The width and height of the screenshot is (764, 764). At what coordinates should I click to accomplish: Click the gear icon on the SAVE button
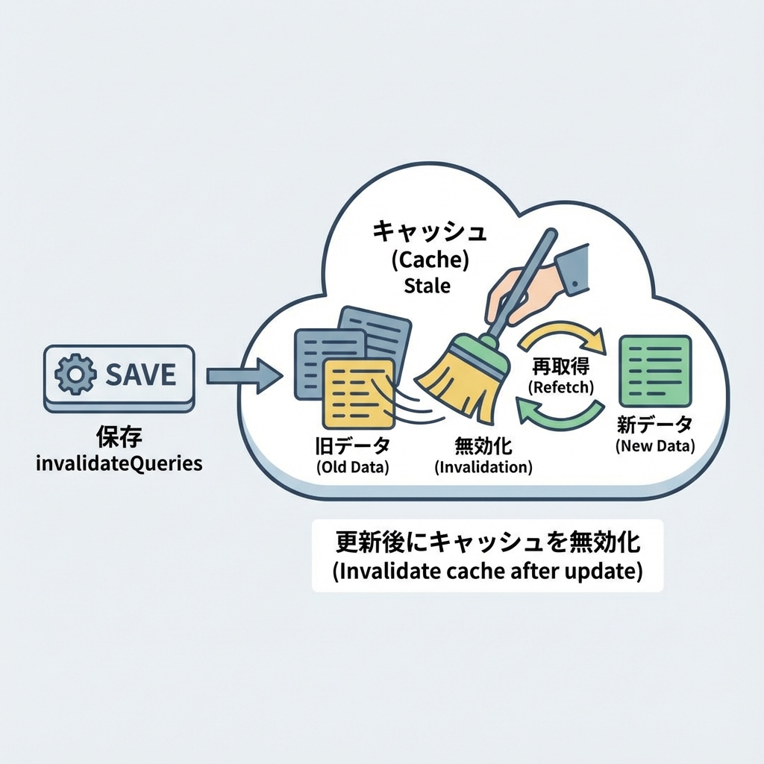tap(76, 375)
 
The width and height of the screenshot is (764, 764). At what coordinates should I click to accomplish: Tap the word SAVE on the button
tap(140, 375)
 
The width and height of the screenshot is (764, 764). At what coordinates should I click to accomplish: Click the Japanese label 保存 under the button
tap(119, 436)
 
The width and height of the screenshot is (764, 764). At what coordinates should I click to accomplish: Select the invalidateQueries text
tap(119, 463)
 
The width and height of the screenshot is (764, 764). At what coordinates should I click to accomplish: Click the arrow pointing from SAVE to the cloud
tap(243, 375)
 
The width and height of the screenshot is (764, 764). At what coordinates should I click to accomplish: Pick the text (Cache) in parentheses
tap(429, 260)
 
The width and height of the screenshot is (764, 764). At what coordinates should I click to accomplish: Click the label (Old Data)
tap(353, 468)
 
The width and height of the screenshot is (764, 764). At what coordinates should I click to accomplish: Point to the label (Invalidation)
tap(483, 468)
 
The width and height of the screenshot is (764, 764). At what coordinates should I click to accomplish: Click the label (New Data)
tap(655, 447)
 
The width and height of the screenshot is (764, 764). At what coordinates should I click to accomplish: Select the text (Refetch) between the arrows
tap(560, 388)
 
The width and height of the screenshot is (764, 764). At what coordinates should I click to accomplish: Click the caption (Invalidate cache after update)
tap(486, 572)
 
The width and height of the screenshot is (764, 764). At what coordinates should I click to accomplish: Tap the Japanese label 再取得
tap(560, 367)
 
